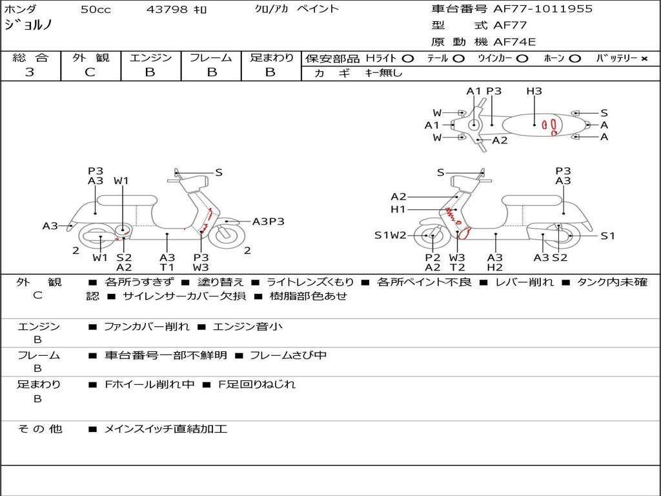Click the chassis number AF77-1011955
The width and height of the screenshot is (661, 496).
click(533, 9)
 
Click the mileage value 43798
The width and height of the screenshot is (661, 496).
click(167, 10)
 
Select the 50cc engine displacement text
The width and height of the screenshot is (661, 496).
click(95, 10)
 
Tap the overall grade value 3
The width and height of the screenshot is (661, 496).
click(30, 72)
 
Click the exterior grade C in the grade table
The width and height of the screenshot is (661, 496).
click(90, 72)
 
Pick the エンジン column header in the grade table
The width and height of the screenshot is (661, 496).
click(150, 58)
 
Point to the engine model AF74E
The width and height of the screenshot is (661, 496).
click(514, 43)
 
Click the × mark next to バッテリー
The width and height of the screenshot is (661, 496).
click(644, 59)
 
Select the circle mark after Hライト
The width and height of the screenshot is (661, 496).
click(408, 59)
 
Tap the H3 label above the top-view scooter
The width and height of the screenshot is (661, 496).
click(534, 91)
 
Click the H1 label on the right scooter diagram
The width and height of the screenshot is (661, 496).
click(398, 209)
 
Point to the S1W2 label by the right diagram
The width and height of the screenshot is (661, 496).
click(391, 235)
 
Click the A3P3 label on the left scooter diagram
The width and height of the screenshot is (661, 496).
click(268, 222)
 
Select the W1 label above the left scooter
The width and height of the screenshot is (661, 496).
click(121, 181)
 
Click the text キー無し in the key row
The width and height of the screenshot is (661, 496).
click(383, 73)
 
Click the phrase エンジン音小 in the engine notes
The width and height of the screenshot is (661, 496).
click(247, 327)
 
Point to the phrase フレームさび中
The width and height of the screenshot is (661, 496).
click(288, 355)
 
